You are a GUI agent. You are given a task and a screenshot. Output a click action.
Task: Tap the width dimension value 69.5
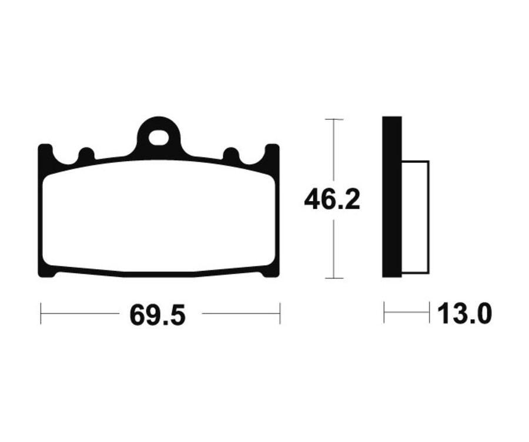coord(157,315)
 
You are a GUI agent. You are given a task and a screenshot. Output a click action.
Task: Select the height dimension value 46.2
coord(332,200)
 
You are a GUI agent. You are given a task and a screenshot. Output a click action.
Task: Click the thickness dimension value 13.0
coord(464,314)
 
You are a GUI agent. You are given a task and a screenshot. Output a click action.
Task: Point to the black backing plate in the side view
coord(392,197)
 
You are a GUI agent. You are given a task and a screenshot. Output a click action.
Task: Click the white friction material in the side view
coord(416,217)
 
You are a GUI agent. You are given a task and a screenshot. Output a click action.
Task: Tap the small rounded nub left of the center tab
coord(86,155)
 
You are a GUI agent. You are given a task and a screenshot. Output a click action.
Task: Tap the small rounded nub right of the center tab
coord(231,155)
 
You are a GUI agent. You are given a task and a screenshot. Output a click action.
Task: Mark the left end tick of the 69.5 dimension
coord(41,313)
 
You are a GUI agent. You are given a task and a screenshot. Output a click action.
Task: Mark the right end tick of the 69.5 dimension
coord(280,313)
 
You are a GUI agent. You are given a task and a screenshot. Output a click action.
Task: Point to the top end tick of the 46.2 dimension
coord(334,119)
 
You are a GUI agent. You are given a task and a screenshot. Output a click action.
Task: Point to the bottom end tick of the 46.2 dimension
coord(334,278)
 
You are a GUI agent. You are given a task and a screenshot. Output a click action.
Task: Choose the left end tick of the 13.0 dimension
coord(384,313)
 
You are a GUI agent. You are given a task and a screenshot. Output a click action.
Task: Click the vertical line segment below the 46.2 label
coord(334,247)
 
